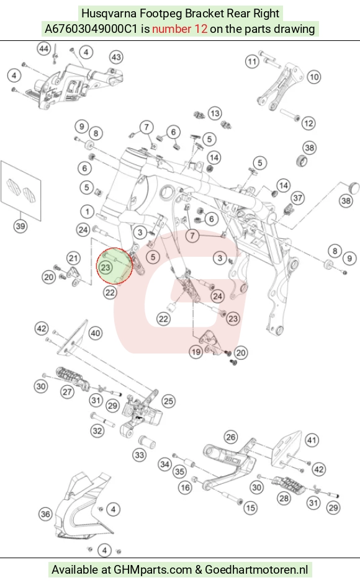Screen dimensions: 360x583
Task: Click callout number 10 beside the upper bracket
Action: coord(314,77)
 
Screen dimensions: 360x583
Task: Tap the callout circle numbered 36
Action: coord(45,514)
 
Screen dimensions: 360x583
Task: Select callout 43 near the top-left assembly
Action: coord(116,57)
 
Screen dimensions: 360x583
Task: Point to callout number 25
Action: coord(169,401)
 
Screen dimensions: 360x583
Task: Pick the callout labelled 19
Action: coord(196,352)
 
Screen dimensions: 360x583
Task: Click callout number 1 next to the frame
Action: coord(87,212)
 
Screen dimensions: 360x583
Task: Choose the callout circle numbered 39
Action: coord(20,226)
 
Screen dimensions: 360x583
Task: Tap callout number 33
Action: coord(140,455)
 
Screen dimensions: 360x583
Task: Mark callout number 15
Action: coord(251,507)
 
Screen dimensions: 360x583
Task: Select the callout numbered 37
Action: coord(298,198)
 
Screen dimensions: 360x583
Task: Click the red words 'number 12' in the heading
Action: coord(179,29)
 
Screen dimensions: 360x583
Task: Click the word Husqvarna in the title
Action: coord(109,14)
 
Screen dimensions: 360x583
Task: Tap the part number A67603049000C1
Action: coord(91,29)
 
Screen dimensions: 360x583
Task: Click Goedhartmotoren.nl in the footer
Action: coord(256,569)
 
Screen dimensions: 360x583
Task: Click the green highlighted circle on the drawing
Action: coord(115,266)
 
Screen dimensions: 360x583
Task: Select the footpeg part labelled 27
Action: coord(73,379)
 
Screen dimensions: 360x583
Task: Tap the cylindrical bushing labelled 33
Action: coord(146,442)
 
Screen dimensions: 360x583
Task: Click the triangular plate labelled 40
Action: coord(73,337)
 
